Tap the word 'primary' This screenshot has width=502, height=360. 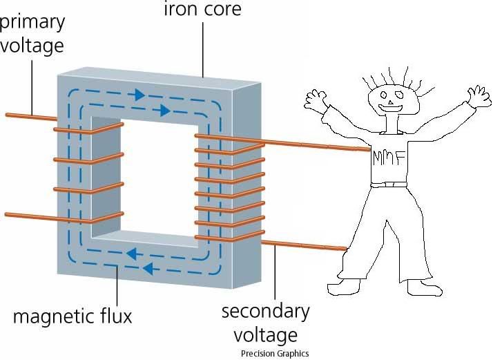(x=32, y=21)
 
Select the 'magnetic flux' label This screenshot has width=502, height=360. (x=72, y=317)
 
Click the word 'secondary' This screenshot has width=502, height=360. (x=265, y=312)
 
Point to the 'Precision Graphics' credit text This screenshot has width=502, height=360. (x=275, y=353)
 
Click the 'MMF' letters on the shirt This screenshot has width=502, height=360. (x=387, y=158)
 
